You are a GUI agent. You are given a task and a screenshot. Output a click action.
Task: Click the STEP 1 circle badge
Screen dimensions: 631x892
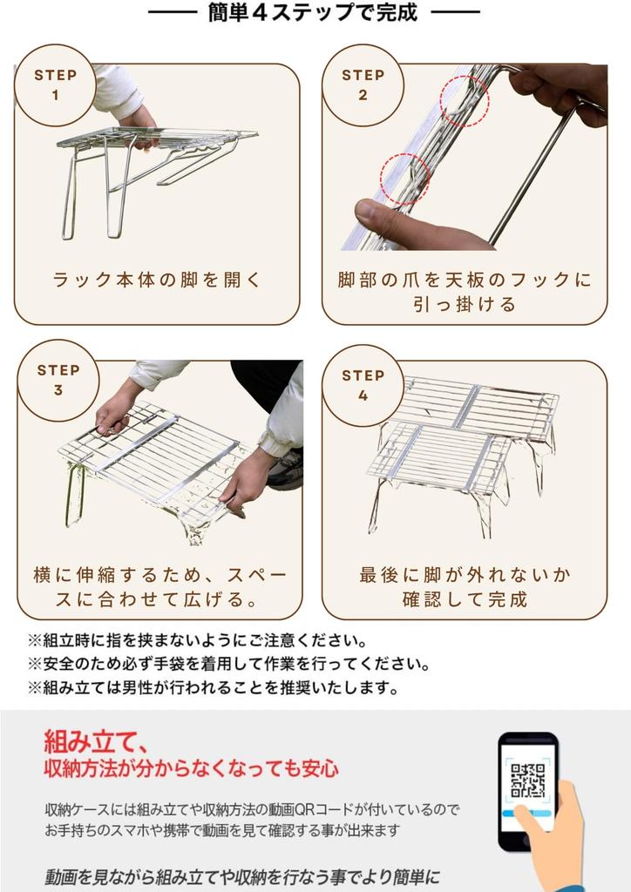point(55,85)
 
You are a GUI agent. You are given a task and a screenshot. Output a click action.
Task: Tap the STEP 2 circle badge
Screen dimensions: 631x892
point(363,85)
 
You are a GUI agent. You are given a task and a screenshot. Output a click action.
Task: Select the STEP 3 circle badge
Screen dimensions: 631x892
point(58,381)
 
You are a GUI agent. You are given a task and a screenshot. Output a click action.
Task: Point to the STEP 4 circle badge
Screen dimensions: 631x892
point(363,385)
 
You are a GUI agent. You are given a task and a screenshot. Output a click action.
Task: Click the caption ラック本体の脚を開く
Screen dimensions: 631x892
point(157,280)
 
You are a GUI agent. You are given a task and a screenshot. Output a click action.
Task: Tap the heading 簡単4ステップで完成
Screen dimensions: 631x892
point(313,12)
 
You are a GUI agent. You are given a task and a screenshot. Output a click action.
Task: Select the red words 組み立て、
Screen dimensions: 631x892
point(97,741)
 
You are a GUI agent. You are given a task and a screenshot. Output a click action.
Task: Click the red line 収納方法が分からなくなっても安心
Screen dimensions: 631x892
point(191,768)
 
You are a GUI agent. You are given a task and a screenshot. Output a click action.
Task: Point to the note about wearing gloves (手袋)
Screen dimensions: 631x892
point(228,664)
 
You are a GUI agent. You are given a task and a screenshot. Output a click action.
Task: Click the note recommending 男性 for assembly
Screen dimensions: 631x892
point(213,688)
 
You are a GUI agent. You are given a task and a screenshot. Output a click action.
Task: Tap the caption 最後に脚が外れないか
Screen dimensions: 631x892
point(465,575)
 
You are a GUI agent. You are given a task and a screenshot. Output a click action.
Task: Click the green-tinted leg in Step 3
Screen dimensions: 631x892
point(75,493)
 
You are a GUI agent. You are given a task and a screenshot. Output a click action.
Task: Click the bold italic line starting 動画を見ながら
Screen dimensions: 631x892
point(242,876)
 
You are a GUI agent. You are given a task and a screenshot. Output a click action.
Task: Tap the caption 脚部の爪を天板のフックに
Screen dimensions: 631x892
point(465,280)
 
